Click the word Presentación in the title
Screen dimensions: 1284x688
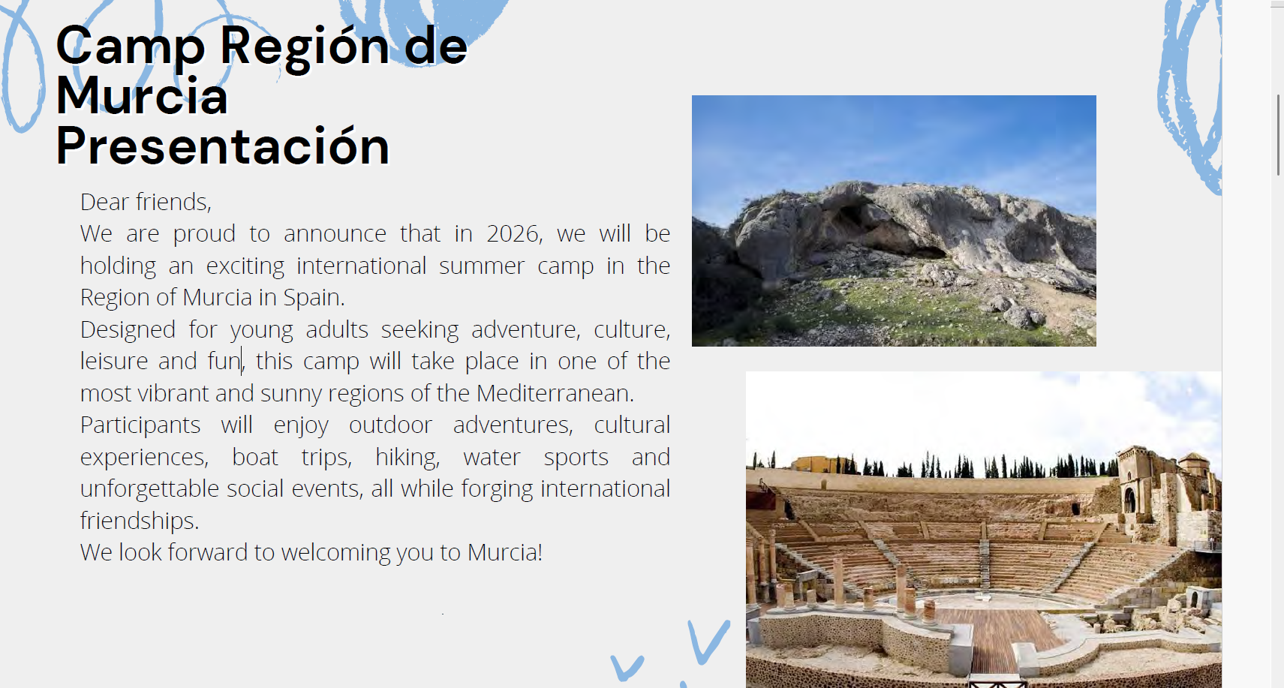[x=223, y=146]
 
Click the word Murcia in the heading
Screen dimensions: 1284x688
[x=142, y=96]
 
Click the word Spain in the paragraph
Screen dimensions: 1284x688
[x=314, y=298]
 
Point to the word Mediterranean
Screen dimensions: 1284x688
[x=555, y=394]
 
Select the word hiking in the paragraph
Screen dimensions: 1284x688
[x=407, y=458]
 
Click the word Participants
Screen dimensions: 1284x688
[x=140, y=425]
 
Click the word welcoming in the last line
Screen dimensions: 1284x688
[x=335, y=553]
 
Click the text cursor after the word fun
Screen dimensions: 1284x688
[x=242, y=361]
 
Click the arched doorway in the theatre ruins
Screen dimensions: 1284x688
[x=1130, y=500]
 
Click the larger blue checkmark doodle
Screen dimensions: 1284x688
[x=708, y=641]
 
